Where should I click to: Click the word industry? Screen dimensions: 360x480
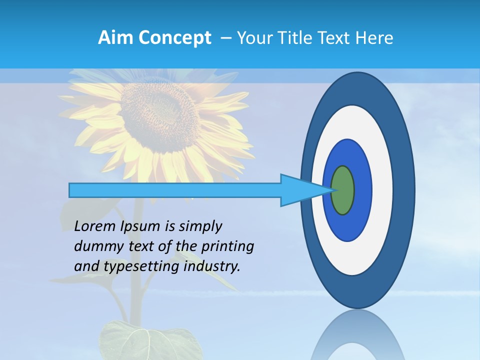click(x=212, y=266)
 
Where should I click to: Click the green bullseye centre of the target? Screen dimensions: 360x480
click(x=343, y=190)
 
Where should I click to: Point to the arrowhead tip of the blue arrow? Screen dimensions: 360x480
click(x=332, y=190)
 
